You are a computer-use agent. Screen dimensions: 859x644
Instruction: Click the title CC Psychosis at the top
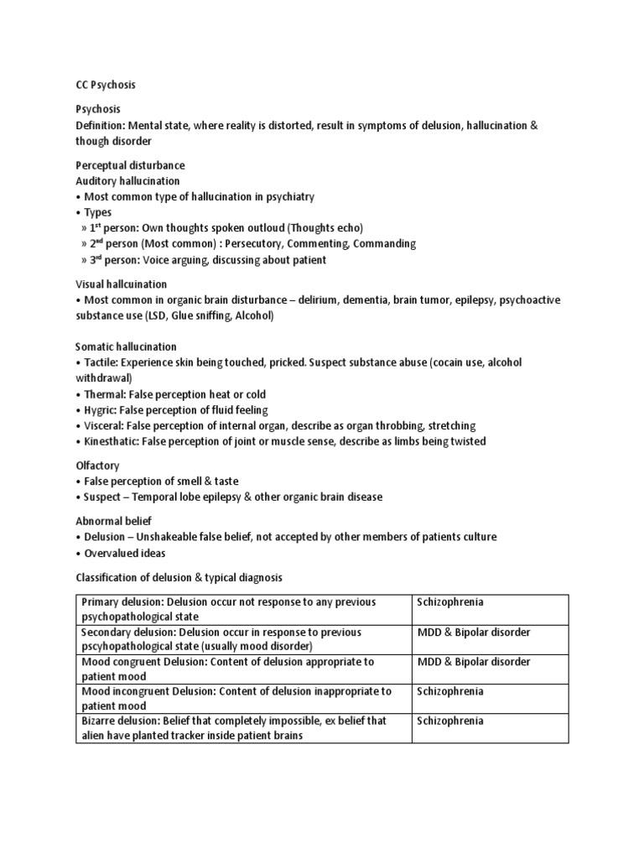click(x=106, y=85)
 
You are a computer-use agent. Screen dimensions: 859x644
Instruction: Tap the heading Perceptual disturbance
click(x=130, y=165)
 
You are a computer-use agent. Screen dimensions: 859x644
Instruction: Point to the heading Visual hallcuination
click(x=122, y=284)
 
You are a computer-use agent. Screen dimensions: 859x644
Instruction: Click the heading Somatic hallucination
click(x=126, y=346)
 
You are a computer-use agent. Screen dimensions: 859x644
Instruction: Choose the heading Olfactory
click(x=97, y=465)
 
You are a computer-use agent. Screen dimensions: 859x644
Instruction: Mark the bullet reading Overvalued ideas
click(x=125, y=553)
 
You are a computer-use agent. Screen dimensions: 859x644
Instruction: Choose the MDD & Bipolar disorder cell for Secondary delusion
click(x=474, y=632)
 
